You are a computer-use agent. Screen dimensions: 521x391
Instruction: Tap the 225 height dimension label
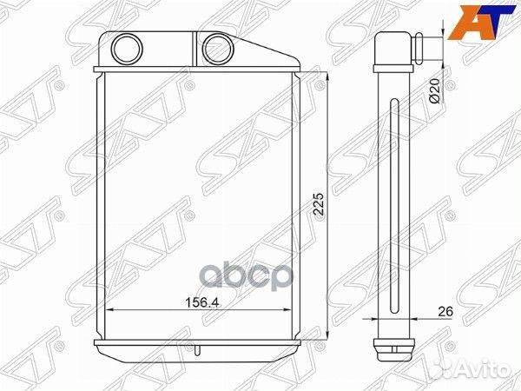point(319,204)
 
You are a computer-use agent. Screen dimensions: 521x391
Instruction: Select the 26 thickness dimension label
point(445,312)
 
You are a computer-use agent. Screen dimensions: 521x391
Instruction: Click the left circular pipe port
point(127,49)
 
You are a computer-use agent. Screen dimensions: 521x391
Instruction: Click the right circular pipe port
point(218,50)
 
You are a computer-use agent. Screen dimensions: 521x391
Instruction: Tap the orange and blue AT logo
point(482,23)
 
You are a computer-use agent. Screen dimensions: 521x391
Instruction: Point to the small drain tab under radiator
point(198,361)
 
